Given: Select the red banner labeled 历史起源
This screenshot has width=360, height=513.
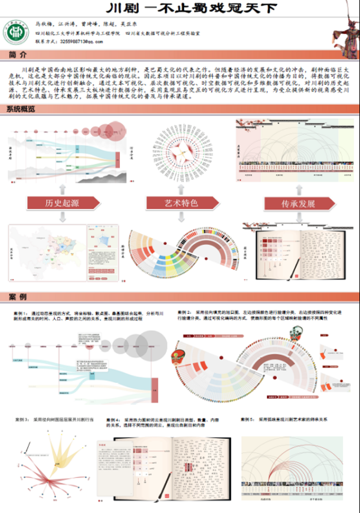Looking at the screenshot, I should (x=62, y=203).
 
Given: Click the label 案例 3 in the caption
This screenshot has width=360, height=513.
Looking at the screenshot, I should (x=22, y=419).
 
